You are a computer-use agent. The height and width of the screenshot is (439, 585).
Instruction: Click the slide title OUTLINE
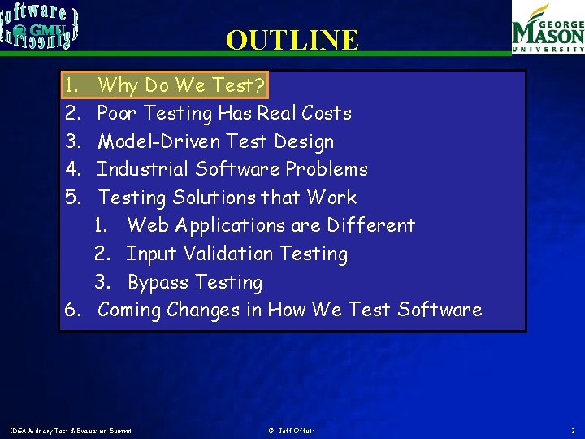click(292, 40)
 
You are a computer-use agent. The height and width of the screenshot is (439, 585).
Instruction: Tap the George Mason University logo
click(548, 28)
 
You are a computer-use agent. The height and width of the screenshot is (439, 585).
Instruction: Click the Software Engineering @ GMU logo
click(40, 24)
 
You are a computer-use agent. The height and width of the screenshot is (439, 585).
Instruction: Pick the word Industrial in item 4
click(137, 169)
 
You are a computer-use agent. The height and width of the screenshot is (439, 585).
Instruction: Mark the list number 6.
click(71, 310)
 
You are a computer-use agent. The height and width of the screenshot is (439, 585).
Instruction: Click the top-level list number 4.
click(71, 169)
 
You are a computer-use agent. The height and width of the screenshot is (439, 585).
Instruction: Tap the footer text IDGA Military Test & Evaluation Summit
click(70, 430)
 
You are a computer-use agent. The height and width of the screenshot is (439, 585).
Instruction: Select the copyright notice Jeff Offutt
click(292, 430)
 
